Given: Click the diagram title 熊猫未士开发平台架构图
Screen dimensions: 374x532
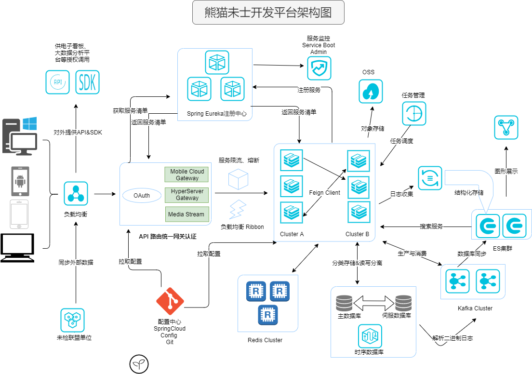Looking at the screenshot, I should pos(268,13).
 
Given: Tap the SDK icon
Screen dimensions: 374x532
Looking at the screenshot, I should pos(88,82).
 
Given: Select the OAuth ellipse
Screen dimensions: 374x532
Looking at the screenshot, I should pos(142,195).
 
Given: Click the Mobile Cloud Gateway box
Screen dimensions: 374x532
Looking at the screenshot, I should pos(187,174).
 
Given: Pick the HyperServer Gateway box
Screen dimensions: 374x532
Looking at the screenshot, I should pos(187,195).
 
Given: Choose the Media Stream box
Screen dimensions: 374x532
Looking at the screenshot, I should pos(186,214).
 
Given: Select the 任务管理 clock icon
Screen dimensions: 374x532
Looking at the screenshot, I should pos(414,114).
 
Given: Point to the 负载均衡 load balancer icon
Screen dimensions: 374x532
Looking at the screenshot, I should pos(76,194).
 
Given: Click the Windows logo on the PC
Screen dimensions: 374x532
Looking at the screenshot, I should pos(30,124).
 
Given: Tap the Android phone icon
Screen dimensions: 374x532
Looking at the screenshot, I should pos(20,182).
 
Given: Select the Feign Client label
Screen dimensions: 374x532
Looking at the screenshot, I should pos(324,193).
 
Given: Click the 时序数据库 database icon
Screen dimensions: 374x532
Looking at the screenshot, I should pos(370,336).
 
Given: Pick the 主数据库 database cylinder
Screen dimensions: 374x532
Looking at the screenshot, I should pos(344,303).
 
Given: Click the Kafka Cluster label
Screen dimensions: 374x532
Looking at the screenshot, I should pos(475,308).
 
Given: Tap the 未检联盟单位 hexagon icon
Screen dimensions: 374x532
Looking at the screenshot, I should pos(73,320).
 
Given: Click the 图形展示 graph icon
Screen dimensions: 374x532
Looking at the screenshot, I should pos(506,128).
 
